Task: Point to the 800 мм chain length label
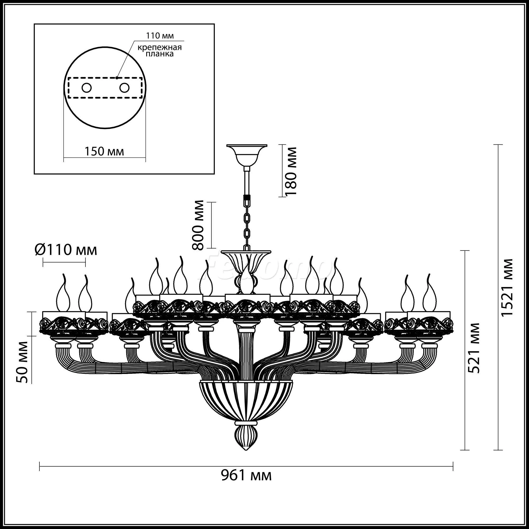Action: click(x=198, y=225)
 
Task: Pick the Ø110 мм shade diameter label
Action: click(x=66, y=250)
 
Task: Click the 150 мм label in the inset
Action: click(x=104, y=151)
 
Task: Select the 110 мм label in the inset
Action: click(x=160, y=36)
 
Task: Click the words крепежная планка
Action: click(x=160, y=50)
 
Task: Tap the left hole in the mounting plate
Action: click(x=87, y=88)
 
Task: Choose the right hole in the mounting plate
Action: click(x=124, y=88)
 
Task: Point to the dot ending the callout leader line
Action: click(x=117, y=77)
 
